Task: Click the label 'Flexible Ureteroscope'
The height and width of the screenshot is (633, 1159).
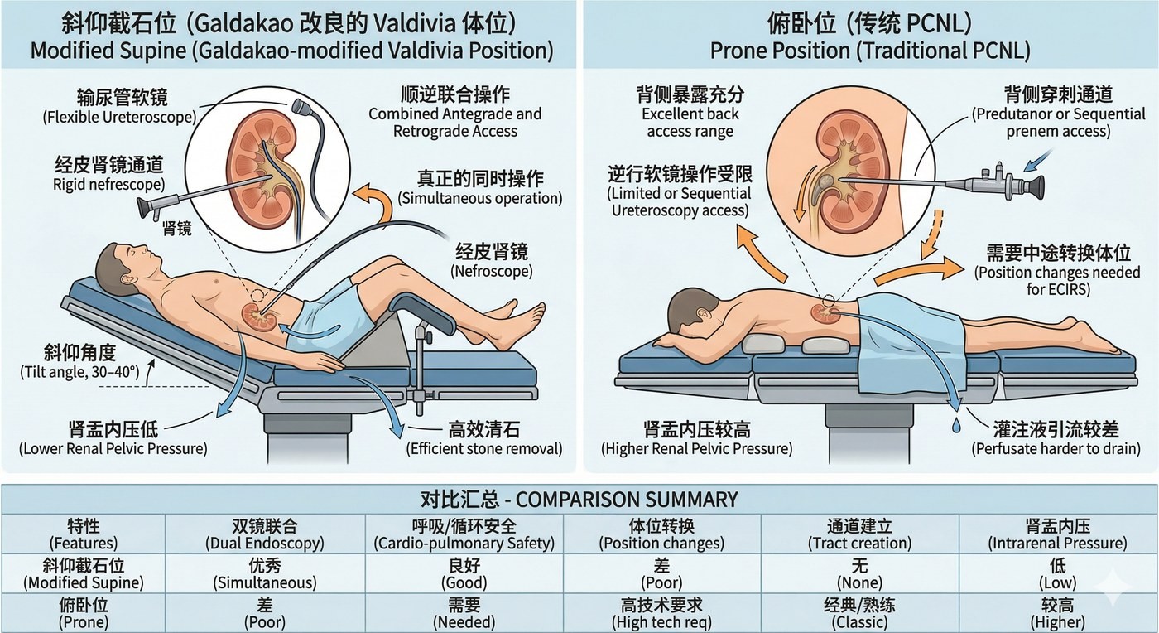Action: coord(119,117)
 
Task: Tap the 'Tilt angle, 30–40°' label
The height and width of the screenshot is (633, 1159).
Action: coord(79,372)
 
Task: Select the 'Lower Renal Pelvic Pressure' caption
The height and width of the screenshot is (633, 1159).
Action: coord(113,448)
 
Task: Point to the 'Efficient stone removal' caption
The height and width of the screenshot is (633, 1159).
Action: coord(483,448)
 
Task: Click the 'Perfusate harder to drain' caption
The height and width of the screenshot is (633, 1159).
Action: coord(1056,448)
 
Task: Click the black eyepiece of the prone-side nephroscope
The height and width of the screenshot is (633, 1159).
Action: coord(1035,187)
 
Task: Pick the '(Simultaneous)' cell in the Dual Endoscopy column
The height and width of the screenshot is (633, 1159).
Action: coord(265,582)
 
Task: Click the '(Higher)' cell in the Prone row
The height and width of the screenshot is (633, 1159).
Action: coord(1058,621)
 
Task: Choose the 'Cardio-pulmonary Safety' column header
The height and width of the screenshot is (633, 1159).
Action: coord(464,544)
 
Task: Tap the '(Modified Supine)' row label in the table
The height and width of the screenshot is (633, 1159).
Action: coord(84,582)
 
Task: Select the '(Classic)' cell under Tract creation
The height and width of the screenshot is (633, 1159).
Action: coord(859,621)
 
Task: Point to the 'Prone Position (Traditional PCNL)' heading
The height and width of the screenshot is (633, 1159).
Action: coord(870,51)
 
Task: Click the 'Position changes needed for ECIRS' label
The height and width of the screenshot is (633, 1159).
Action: coord(1058,281)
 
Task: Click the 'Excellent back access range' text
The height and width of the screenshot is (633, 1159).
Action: coord(690,123)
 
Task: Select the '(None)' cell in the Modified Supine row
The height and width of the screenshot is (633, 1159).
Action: coord(859,582)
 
